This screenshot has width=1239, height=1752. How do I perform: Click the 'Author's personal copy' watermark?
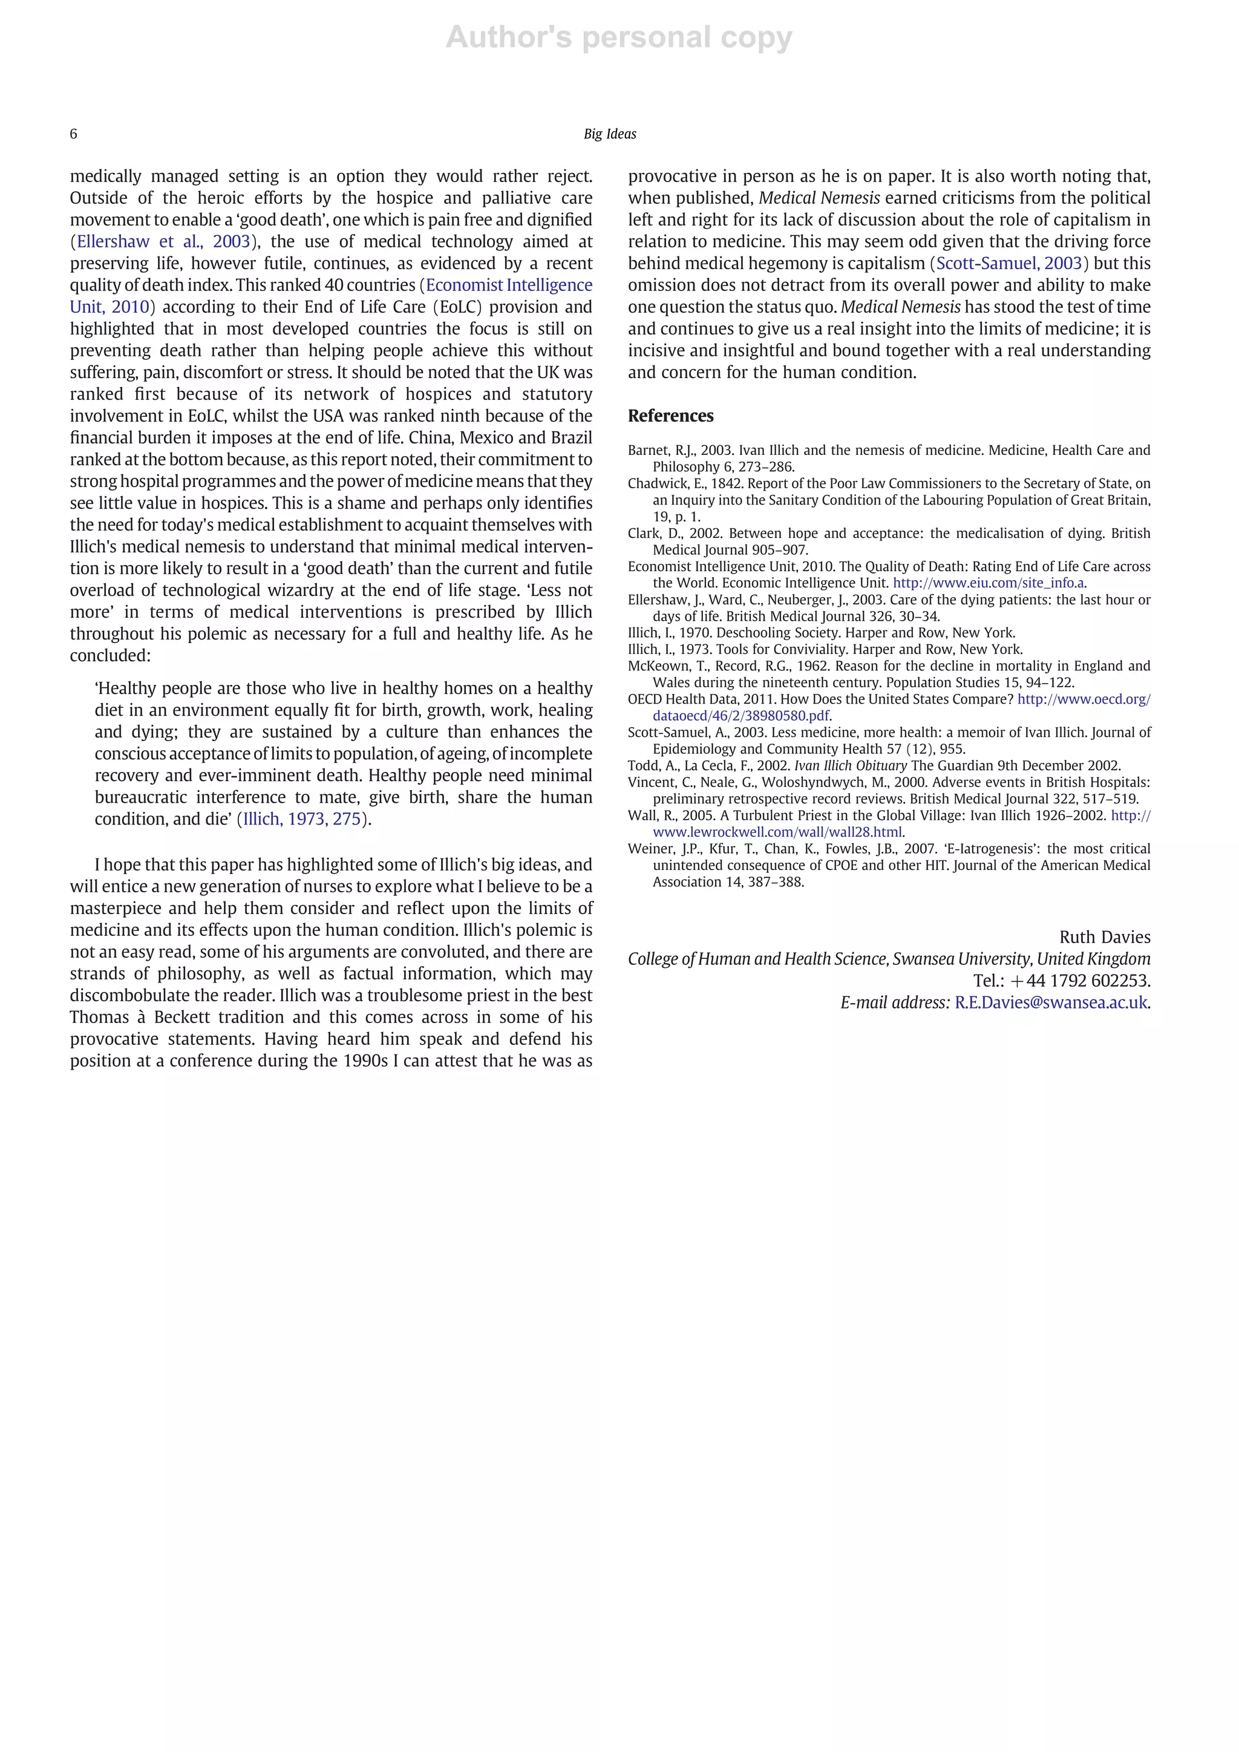pyautogui.click(x=619, y=37)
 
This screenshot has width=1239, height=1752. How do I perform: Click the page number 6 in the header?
pyautogui.click(x=73, y=134)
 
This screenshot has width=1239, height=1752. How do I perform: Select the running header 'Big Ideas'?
pyautogui.click(x=610, y=134)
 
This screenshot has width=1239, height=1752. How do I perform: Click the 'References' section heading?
pyautogui.click(x=670, y=416)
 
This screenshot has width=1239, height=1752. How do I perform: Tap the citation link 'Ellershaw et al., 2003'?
pyautogui.click(x=163, y=242)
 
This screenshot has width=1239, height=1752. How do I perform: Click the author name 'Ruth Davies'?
pyautogui.click(x=1104, y=937)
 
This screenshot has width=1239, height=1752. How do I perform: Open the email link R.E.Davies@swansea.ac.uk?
pyautogui.click(x=1051, y=1002)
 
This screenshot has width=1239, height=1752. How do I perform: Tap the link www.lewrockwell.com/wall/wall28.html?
pyautogui.click(x=777, y=832)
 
